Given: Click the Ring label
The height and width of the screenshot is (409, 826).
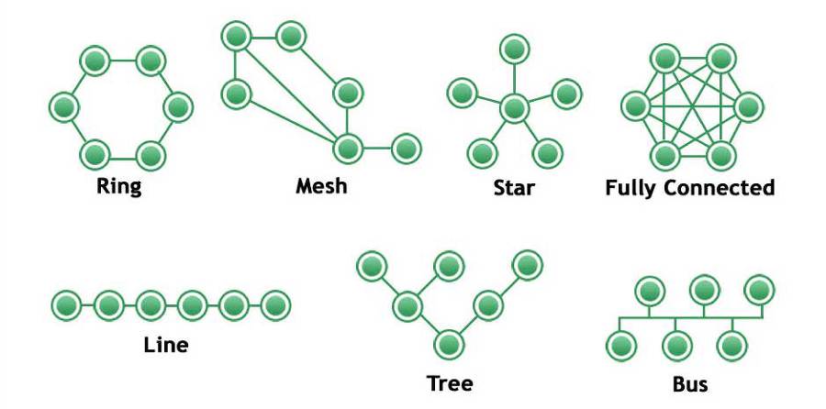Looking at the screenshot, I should point(119,188).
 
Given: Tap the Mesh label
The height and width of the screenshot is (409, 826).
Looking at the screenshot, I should point(321,186).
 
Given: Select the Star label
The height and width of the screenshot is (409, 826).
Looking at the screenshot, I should point(513,189).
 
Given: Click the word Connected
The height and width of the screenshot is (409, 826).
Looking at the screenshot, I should point(720,188).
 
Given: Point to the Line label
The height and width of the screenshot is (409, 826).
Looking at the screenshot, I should point(166,346).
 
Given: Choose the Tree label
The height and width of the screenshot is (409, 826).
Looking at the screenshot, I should point(450,382).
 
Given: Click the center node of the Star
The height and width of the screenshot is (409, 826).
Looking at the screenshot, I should point(514,107).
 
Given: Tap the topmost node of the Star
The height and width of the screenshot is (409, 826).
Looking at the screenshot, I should point(513,48).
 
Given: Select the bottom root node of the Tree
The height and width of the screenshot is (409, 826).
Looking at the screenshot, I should point(448,344).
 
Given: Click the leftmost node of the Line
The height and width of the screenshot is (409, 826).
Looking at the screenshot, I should point(65,304).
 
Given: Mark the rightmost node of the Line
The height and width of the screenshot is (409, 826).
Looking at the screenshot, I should point(275,304).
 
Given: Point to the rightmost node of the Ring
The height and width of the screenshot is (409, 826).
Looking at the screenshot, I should point(178,107).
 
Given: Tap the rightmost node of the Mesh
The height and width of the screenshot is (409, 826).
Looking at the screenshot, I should point(405,147).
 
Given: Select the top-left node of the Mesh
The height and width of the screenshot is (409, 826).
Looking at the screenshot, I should point(236,37).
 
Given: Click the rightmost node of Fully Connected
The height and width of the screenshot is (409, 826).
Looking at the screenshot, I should point(748,106).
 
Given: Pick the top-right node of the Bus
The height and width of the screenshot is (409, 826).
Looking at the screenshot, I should point(758,290).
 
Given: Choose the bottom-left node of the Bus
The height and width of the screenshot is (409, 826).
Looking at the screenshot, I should point(621,346).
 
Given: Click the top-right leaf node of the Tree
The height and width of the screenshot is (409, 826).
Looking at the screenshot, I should point(527,265).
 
